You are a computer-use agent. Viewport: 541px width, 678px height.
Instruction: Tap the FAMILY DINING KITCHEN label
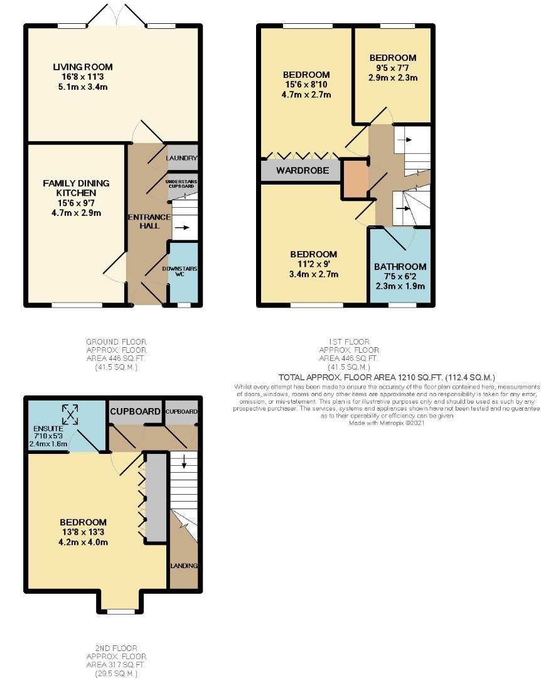[x=76, y=188]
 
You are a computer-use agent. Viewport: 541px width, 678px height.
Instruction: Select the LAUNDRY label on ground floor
[x=182, y=159]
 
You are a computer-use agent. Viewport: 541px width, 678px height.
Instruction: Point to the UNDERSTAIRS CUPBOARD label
[x=182, y=183]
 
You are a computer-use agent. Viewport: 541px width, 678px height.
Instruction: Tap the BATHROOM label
[x=400, y=267]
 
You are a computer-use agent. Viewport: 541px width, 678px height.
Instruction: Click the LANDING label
[x=184, y=566]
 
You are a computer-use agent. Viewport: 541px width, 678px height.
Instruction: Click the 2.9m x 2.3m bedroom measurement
[x=393, y=78]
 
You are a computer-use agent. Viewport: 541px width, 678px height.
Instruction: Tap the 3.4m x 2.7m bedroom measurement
[x=313, y=274]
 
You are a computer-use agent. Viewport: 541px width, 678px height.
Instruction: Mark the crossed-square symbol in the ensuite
[x=70, y=413]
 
